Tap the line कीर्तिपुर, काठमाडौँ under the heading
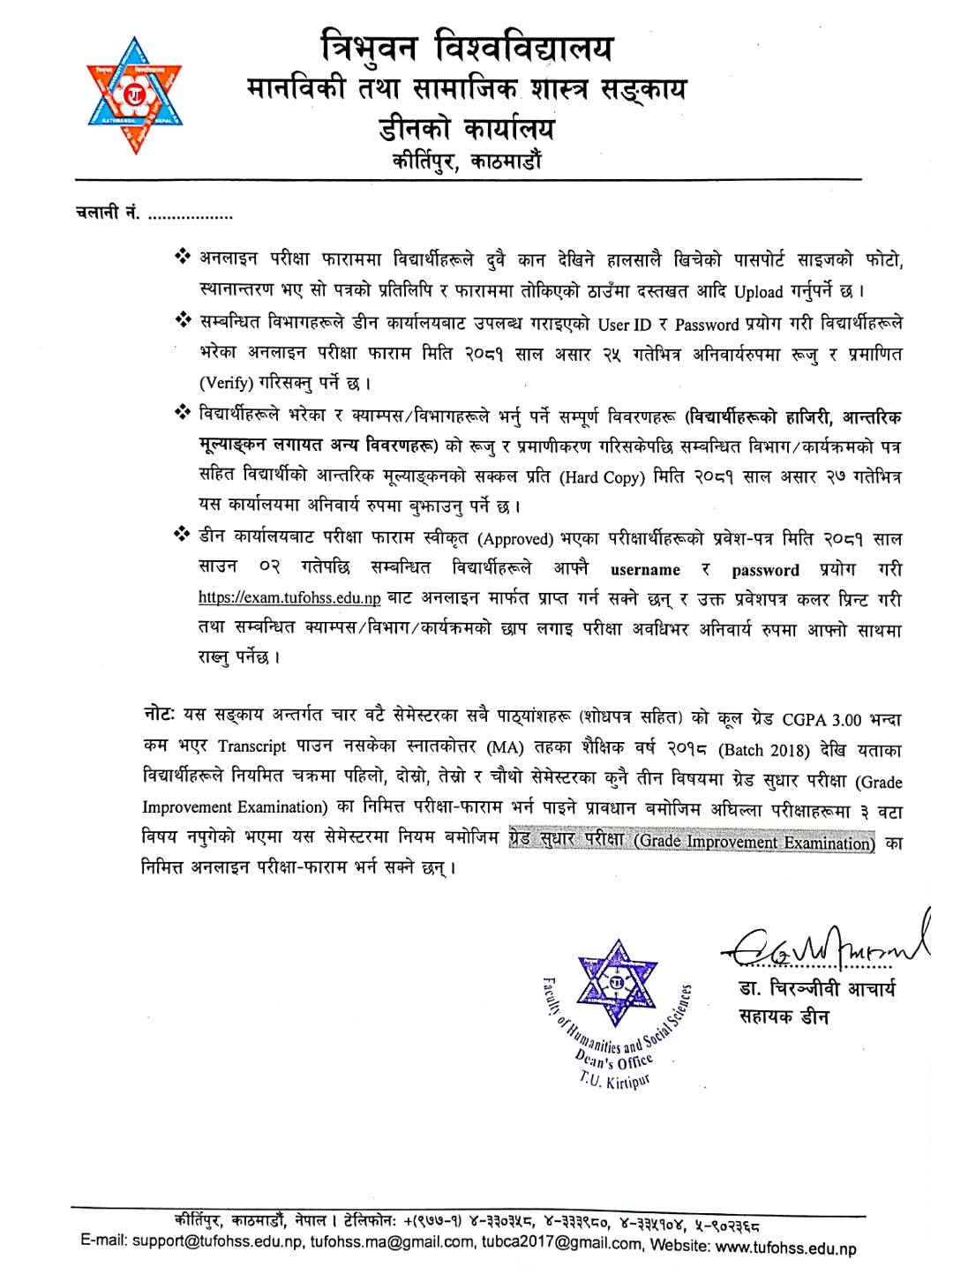tap(467, 161)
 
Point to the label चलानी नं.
tap(107, 214)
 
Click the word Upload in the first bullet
tap(758, 291)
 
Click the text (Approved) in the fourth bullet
tap(515, 539)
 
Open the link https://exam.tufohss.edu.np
tap(289, 598)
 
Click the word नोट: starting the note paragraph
tap(160, 715)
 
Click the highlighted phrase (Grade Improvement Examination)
tap(754, 842)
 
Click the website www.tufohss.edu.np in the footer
tap(785, 1248)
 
